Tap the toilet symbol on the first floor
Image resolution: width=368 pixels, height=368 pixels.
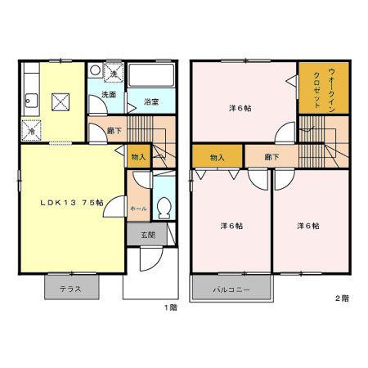click(163, 207)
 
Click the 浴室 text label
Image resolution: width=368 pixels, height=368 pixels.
click(151, 103)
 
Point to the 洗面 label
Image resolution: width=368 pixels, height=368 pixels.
click(108, 96)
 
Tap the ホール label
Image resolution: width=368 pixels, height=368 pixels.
click(138, 209)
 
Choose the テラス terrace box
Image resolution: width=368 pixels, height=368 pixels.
click(72, 288)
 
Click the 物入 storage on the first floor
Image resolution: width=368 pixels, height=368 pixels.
click(138, 156)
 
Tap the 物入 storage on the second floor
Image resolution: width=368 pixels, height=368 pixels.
click(218, 156)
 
